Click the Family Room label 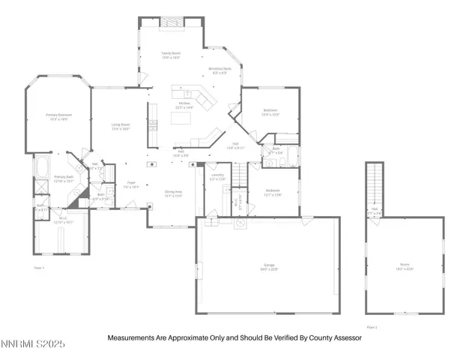click(172, 54)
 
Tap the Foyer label click(130, 184)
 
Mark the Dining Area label click(175, 192)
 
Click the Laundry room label click(217, 177)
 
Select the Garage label click(270, 267)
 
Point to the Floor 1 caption click(40, 267)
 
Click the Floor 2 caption click(372, 327)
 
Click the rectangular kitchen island click(180, 118)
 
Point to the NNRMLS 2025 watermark click(34, 344)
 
